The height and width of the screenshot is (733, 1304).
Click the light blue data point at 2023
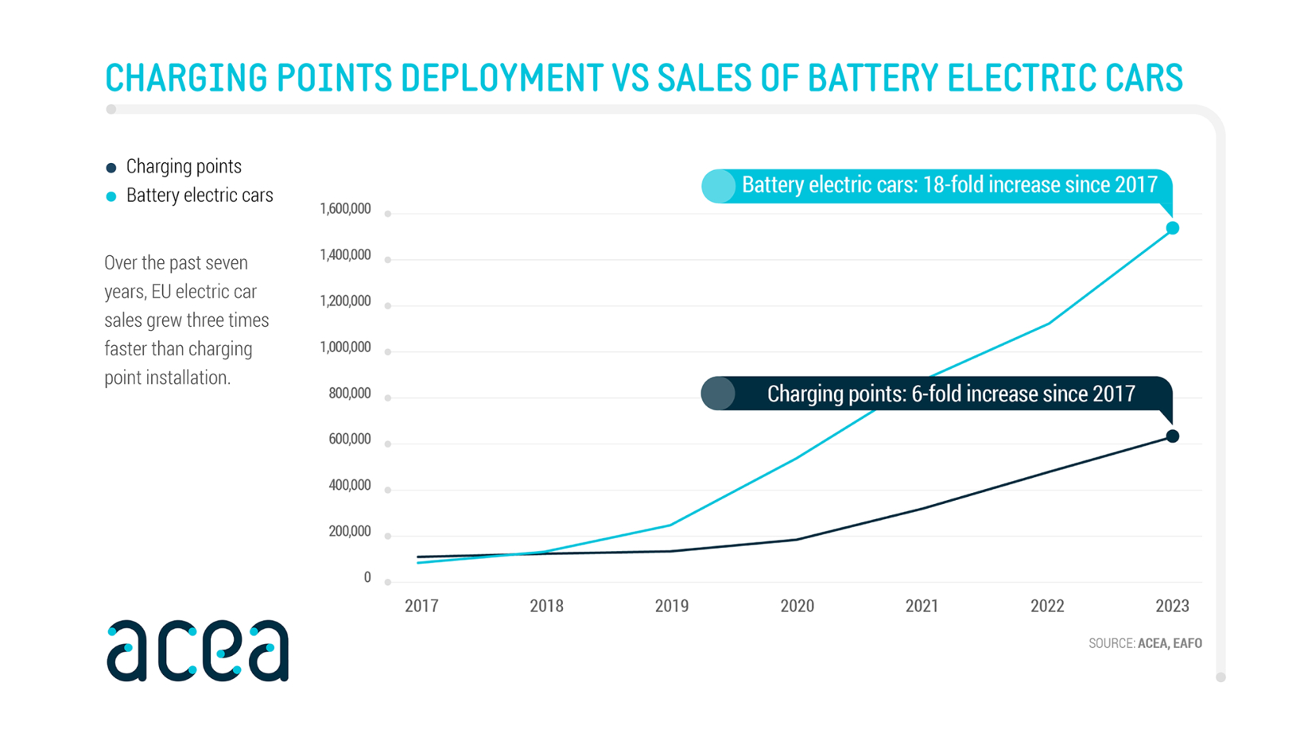pyautogui.click(x=1172, y=228)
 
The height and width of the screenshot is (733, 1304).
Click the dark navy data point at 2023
pyautogui.click(x=1172, y=436)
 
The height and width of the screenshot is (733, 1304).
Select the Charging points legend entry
pyautogui.click(x=183, y=167)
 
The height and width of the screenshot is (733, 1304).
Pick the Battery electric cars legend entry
pyautogui.click(x=199, y=196)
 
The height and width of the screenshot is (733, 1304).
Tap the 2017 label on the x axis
pyautogui.click(x=421, y=606)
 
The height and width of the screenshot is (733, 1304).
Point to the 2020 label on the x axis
pyautogui.click(x=797, y=606)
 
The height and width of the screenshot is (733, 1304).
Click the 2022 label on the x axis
pyautogui.click(x=1047, y=606)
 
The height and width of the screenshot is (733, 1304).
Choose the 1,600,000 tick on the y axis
pyautogui.click(x=345, y=209)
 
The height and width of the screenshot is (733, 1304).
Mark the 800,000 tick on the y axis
pyautogui.click(x=349, y=394)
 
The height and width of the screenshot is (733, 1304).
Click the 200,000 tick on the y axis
pyautogui.click(x=349, y=531)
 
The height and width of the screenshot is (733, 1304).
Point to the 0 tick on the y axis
pyautogui.click(x=367, y=577)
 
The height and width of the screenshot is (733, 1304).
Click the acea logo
pyautogui.click(x=197, y=651)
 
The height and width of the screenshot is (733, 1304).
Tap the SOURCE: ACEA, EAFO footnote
pyautogui.click(x=1145, y=643)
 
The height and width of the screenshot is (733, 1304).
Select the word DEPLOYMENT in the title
pyautogui.click(x=501, y=78)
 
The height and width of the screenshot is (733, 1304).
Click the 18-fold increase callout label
pyautogui.click(x=949, y=185)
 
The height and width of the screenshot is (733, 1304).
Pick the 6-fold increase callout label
pyautogui.click(x=950, y=394)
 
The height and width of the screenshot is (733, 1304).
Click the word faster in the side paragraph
pyautogui.click(x=127, y=349)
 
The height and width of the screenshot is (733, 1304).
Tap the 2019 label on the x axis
pyautogui.click(x=672, y=606)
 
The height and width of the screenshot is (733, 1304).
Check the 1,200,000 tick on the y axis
pyautogui.click(x=345, y=301)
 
